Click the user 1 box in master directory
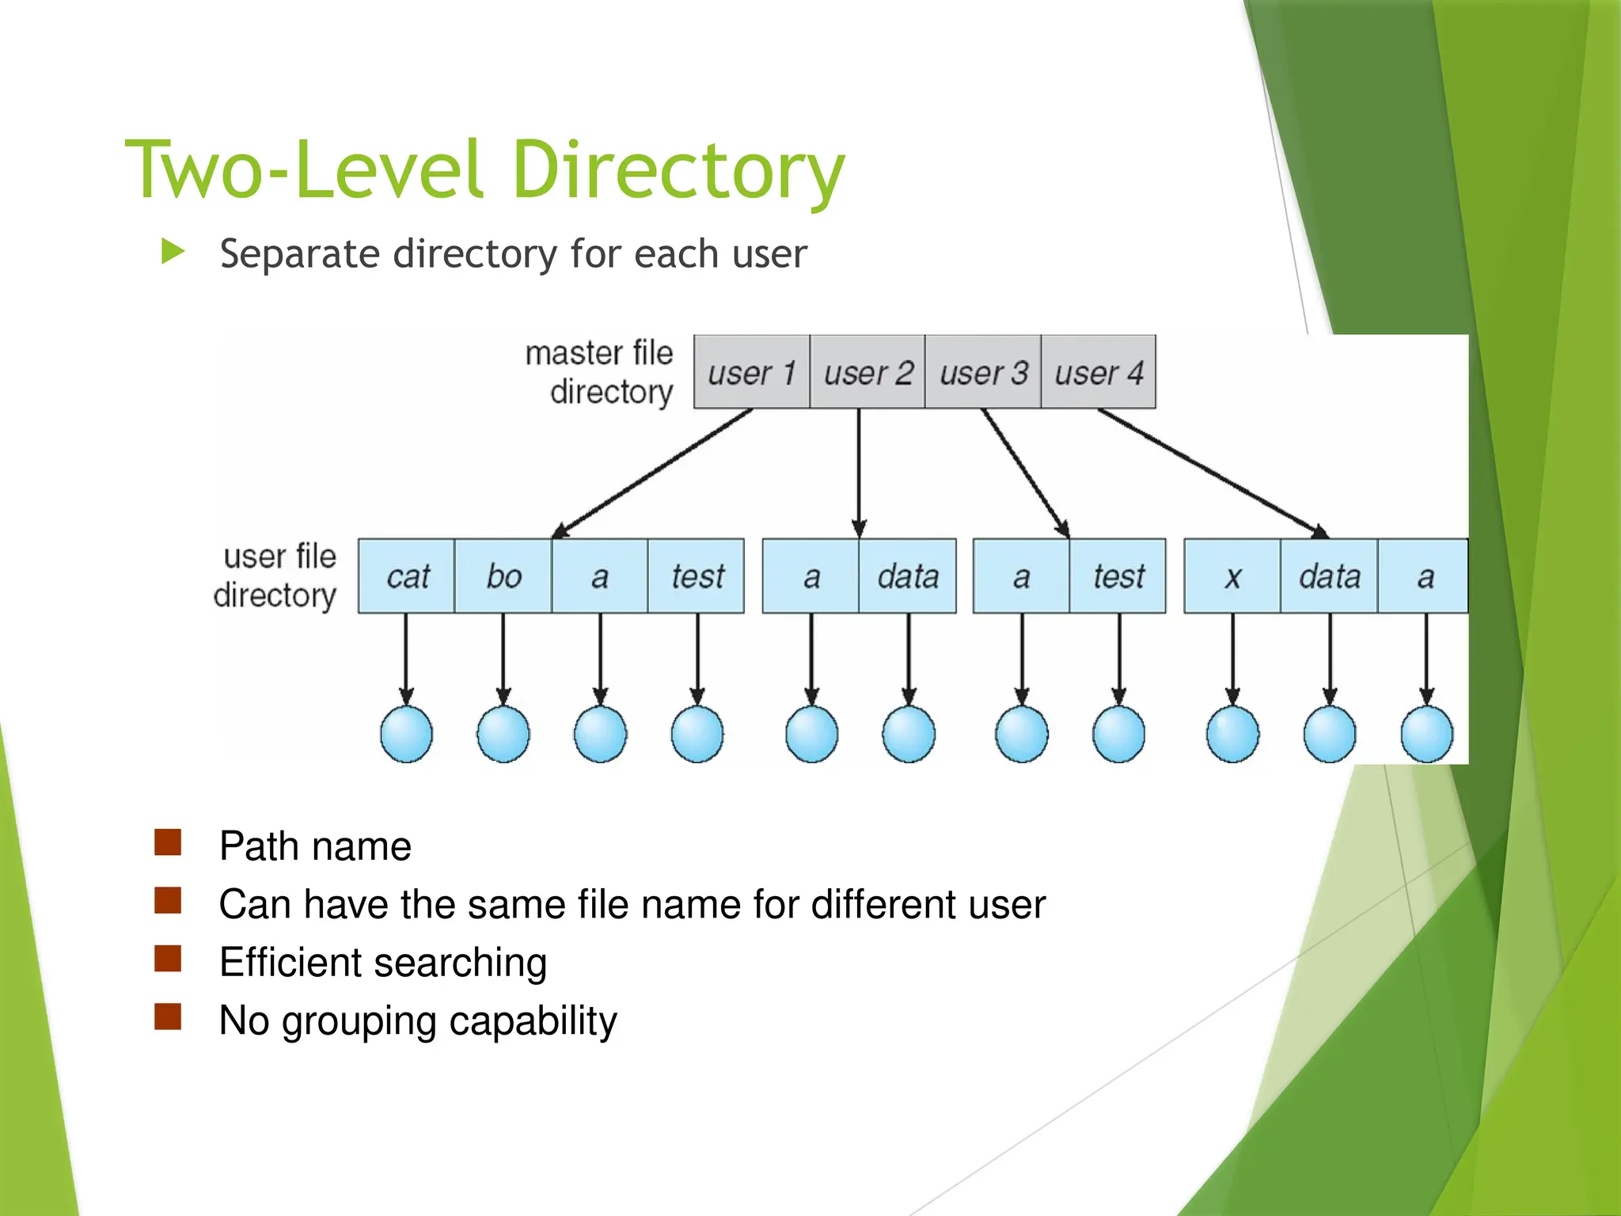pyautogui.click(x=751, y=372)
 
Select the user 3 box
pyautogui.click(x=983, y=372)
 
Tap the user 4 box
pyautogui.click(x=1099, y=372)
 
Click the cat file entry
pyautogui.click(x=407, y=576)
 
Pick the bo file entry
pyautogui.click(x=503, y=576)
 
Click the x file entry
pyautogui.click(x=1232, y=576)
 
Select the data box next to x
pyautogui.click(x=1329, y=576)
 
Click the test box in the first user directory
pyautogui.click(x=697, y=576)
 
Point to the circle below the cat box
pyautogui.click(x=406, y=734)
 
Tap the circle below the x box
pyautogui.click(x=1232, y=734)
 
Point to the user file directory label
pyautogui.click(x=277, y=576)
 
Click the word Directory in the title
pyautogui.click(x=678, y=169)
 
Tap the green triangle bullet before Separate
pyautogui.click(x=173, y=253)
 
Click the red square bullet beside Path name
pyautogui.click(x=168, y=842)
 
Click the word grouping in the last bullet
pyautogui.click(x=359, y=1021)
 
